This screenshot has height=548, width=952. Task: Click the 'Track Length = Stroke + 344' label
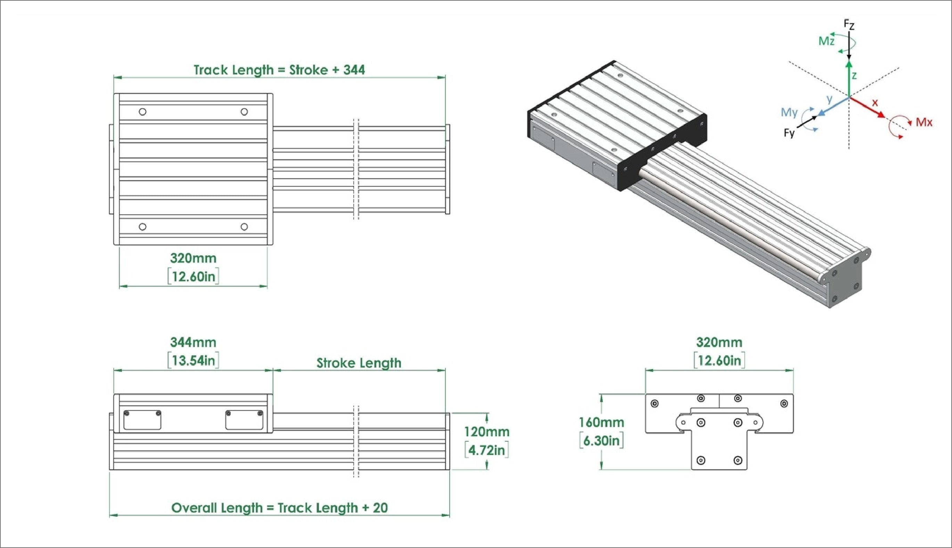(x=279, y=70)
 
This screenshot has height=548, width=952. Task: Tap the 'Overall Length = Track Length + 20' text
(x=279, y=508)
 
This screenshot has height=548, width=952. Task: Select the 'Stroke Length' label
(x=359, y=363)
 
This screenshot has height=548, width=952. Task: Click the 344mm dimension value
(x=193, y=342)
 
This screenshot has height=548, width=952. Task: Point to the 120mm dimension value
(x=486, y=431)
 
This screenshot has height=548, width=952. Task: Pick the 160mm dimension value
(x=601, y=422)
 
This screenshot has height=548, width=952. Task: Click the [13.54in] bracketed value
(x=193, y=360)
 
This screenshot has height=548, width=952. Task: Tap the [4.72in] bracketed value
(x=486, y=450)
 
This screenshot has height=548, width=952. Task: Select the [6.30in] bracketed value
(x=601, y=440)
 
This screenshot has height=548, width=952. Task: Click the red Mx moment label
(x=924, y=122)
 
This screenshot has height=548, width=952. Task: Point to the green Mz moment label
(x=827, y=41)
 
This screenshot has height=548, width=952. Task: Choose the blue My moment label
(x=789, y=112)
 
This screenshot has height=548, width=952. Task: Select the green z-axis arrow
(x=849, y=79)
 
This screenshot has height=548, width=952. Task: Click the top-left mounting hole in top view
(x=143, y=112)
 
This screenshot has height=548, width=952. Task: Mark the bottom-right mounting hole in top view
(x=244, y=226)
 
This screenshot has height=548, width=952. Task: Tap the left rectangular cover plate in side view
(x=142, y=420)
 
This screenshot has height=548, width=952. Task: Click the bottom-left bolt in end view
(x=701, y=460)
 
